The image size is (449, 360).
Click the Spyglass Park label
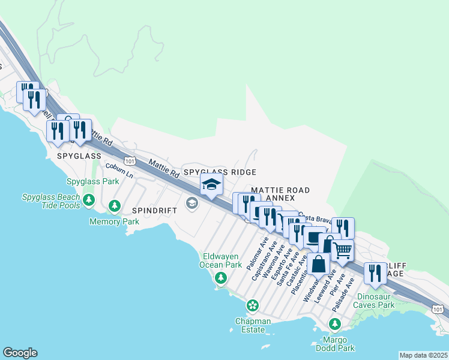[x=93, y=181]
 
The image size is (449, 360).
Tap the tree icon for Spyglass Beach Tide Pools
[x=89, y=199]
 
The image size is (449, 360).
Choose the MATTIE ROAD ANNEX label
[x=280, y=194]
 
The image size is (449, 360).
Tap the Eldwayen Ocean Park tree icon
[x=221, y=277]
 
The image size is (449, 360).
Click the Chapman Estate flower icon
[x=253, y=306]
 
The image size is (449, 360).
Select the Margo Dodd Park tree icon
[x=335, y=325]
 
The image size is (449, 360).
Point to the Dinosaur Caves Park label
[x=384, y=301]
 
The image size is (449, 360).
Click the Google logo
[x=20, y=353]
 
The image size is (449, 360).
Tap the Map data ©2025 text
[x=423, y=355]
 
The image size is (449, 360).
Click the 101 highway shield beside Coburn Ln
[x=130, y=161]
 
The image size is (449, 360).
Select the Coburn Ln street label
[x=119, y=170]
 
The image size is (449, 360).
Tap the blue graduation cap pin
[x=211, y=185]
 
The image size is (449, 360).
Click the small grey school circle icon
[x=191, y=203]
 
